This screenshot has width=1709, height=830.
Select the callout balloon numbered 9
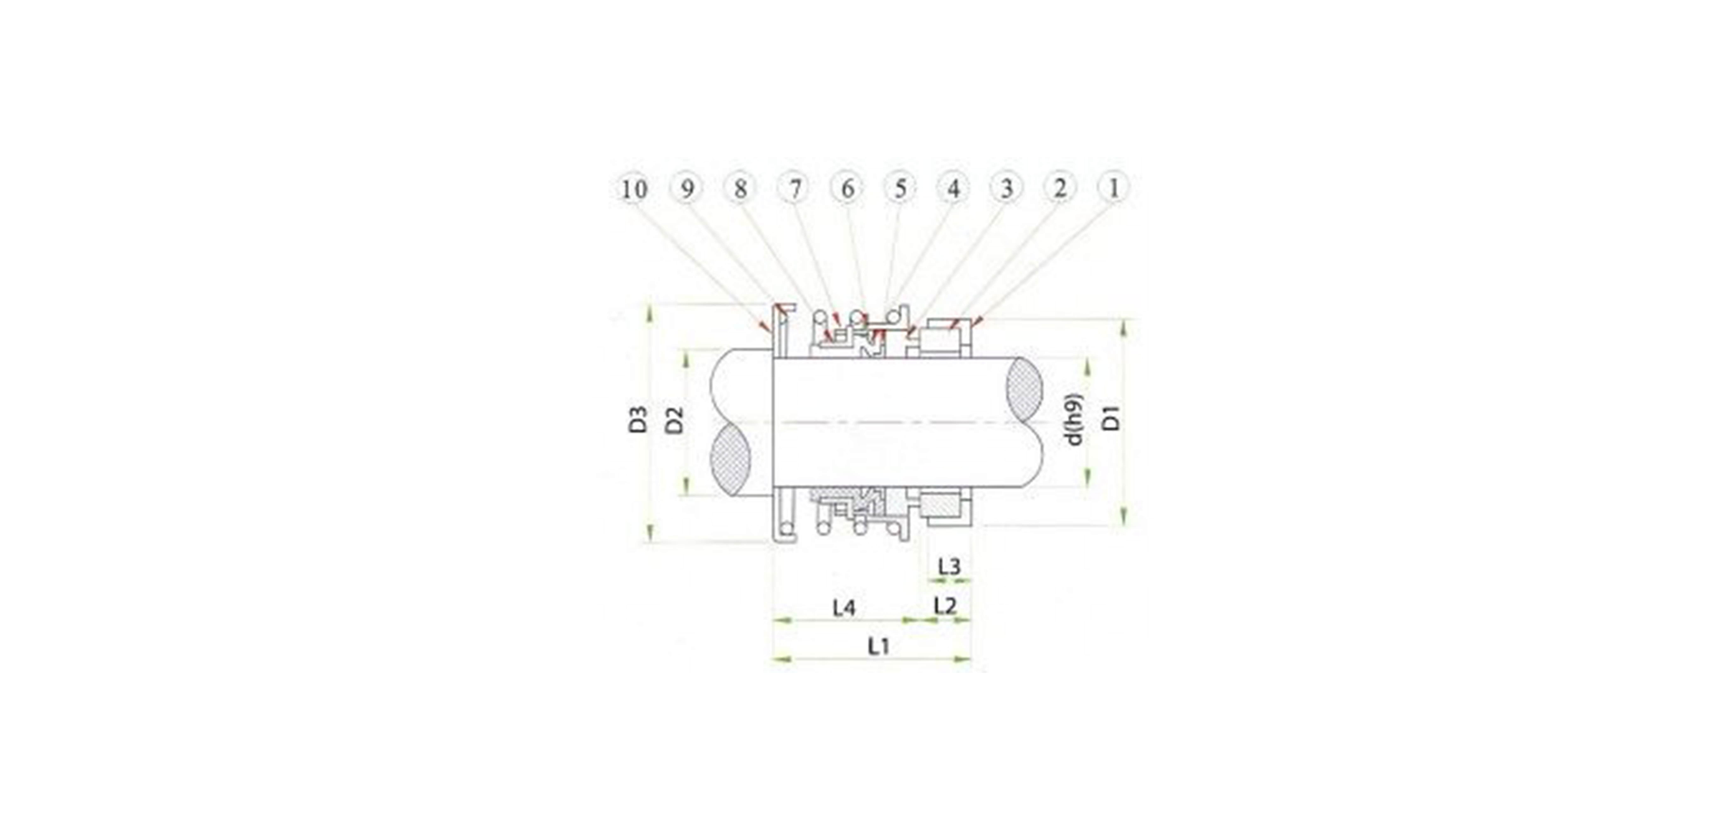click(687, 188)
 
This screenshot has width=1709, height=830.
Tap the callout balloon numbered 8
click(740, 188)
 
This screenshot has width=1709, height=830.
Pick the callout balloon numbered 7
click(794, 188)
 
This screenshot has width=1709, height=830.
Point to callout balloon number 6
click(847, 188)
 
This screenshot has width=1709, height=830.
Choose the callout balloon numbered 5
click(900, 188)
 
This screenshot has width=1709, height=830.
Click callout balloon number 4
click(953, 188)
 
